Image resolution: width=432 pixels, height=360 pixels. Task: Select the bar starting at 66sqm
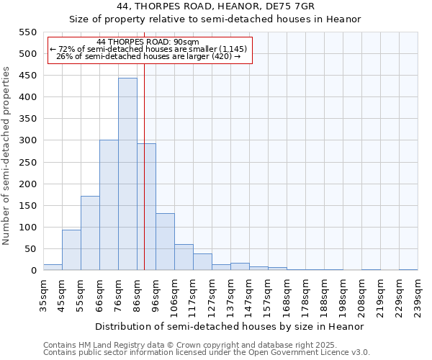(109, 205)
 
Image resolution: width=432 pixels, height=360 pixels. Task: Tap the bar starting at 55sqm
(90, 233)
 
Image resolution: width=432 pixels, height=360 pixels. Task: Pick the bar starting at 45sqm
(71, 250)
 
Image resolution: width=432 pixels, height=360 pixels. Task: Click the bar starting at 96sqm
(165, 242)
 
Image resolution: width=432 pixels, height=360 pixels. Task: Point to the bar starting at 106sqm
(184, 257)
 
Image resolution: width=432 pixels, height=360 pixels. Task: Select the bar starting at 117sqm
(202, 262)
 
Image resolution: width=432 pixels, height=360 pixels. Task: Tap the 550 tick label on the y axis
(27, 32)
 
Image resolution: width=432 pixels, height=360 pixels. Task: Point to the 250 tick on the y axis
(27, 163)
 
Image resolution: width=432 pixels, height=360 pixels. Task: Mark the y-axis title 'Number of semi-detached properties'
(7, 156)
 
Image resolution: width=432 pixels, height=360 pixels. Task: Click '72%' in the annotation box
(64, 49)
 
